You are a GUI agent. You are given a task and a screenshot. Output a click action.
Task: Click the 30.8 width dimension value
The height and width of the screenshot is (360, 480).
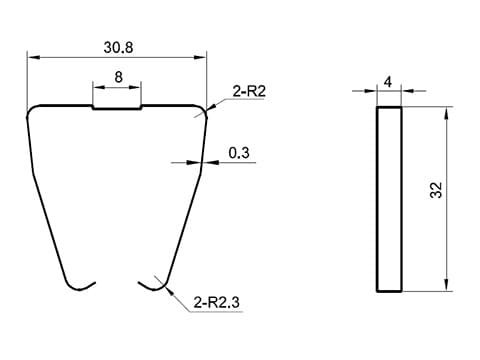118,48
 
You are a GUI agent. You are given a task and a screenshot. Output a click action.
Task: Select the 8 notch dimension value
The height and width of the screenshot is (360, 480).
118,77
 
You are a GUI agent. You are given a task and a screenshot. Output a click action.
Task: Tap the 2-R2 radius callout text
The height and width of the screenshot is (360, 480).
249,91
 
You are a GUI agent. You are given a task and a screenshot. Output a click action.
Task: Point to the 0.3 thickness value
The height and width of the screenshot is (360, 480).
239,153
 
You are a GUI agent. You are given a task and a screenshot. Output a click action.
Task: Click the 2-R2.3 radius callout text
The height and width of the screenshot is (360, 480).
216,303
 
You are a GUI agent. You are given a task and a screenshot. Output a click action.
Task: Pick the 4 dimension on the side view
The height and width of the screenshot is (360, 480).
388,82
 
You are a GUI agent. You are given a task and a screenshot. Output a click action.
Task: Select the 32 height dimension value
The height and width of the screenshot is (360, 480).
436,190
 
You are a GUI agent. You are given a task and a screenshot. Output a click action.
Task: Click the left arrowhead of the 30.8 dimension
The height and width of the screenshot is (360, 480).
34,58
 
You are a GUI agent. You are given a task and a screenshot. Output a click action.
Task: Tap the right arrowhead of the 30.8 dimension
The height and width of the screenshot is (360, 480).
200,58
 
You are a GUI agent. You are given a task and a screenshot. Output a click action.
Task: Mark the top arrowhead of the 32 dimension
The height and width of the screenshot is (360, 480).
447,113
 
